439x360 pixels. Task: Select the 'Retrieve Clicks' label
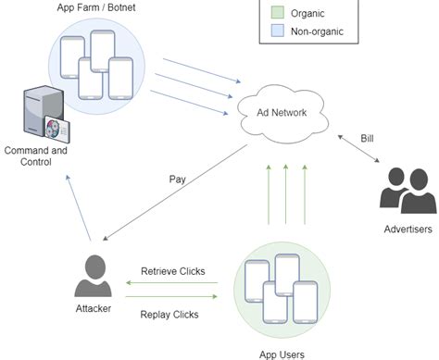click(172, 271)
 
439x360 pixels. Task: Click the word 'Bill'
click(369, 137)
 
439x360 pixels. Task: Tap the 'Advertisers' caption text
click(408, 229)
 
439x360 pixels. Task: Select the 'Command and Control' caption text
click(35, 155)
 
